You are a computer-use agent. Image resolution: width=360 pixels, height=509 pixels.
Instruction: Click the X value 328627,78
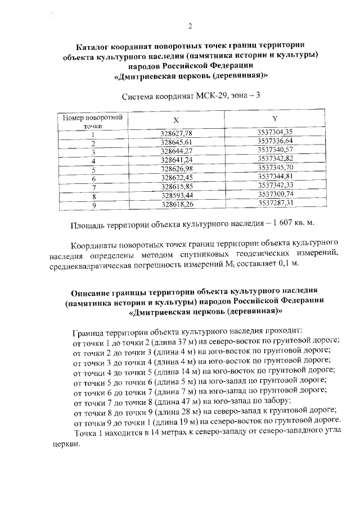[177, 133]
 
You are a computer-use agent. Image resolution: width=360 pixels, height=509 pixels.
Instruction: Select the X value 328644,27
[177, 151]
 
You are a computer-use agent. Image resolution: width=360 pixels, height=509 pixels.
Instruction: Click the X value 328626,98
[177, 169]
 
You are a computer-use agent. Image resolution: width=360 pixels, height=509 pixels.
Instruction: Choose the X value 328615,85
[177, 186]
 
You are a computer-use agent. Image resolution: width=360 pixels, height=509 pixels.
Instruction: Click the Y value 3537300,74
[276, 194]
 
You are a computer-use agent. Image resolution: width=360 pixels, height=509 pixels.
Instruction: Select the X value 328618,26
[177, 204]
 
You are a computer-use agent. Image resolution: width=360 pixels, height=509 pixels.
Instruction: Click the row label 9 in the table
[93, 205]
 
